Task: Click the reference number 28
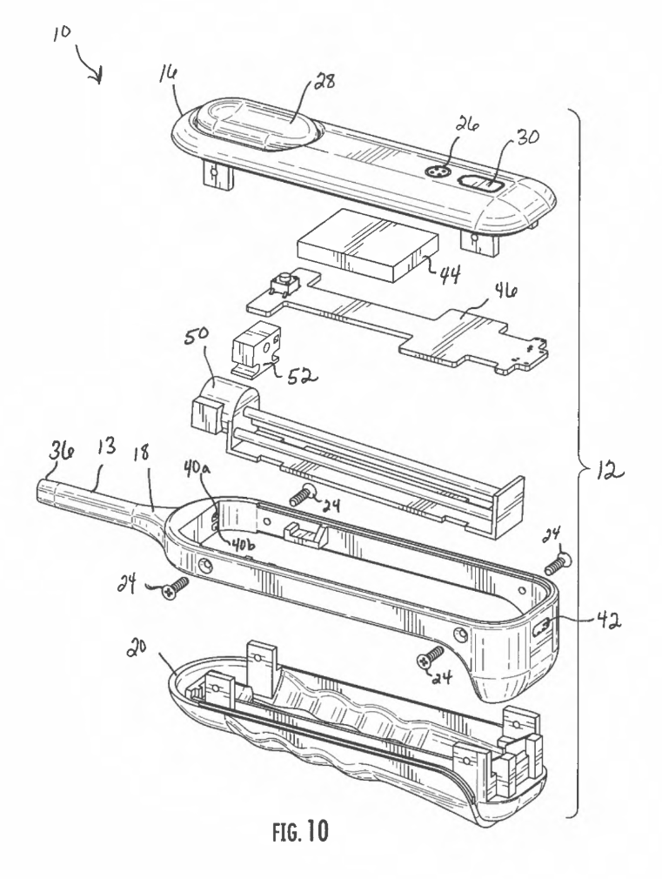pyautogui.click(x=324, y=80)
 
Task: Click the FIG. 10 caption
pyautogui.click(x=300, y=831)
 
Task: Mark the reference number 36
pyautogui.click(x=57, y=452)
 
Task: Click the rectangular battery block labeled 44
pyautogui.click(x=368, y=244)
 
